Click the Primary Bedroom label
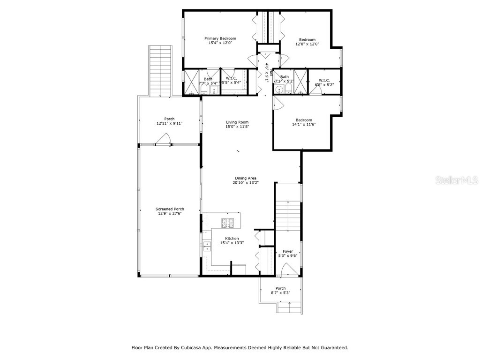pos(220,38)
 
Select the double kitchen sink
pos(207,246)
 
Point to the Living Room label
pos(237,122)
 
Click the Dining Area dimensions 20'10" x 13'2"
pos(246,183)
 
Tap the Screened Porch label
pos(170,209)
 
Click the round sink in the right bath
pos(279,90)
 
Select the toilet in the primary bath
pos(205,90)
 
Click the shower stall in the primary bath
pos(191,82)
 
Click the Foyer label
pos(288,252)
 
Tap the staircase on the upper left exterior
pos(160,70)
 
